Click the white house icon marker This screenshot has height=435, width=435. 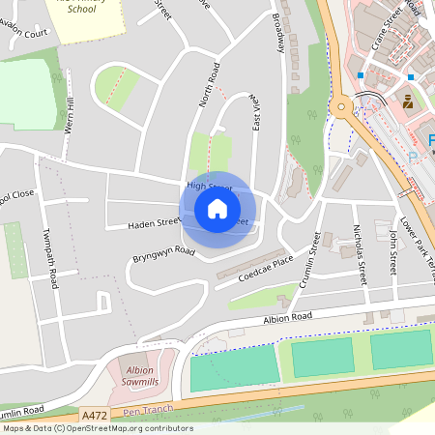pyautogui.click(x=217, y=208)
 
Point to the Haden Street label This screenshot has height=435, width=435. pyautogui.click(x=155, y=223)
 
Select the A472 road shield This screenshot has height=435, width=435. pyautogui.click(x=95, y=415)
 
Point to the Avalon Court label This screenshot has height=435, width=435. pyautogui.click(x=23, y=33)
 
